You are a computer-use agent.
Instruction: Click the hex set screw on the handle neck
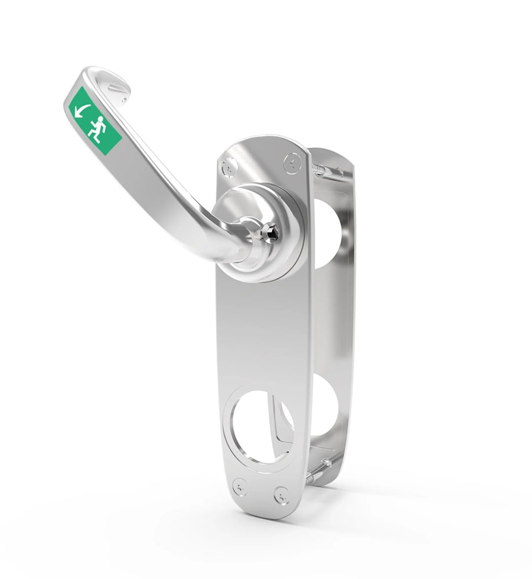click(x=271, y=229)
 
